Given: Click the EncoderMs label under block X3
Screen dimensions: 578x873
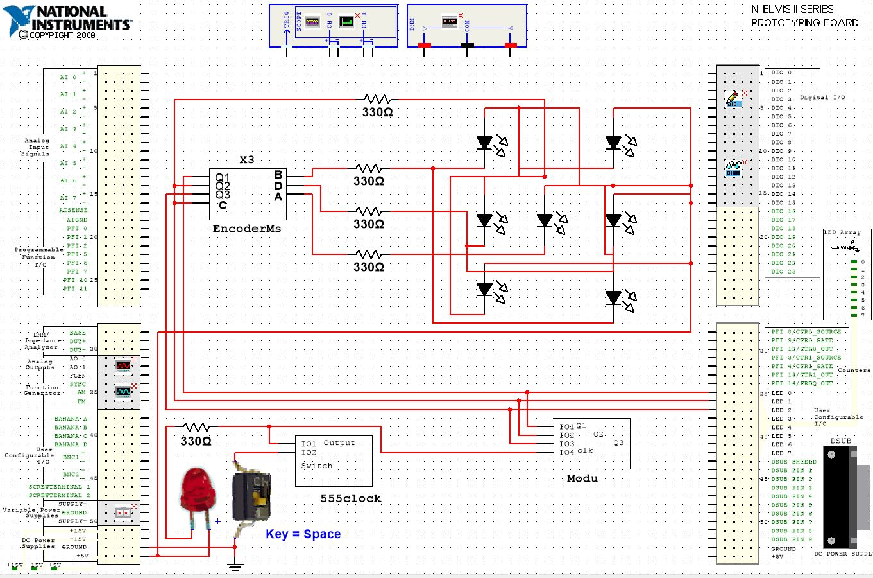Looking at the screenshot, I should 247,229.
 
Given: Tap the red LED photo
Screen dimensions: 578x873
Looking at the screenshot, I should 198,492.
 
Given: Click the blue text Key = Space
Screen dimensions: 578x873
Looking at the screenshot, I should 303,534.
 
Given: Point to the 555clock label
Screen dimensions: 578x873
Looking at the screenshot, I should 351,498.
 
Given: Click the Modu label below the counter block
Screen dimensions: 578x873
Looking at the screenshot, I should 582,478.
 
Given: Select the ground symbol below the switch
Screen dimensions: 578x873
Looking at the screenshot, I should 235,566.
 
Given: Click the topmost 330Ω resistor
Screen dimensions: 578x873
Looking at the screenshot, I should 377,100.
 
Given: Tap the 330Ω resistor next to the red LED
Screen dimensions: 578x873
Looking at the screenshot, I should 196,427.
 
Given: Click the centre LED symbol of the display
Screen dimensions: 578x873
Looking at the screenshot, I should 545,221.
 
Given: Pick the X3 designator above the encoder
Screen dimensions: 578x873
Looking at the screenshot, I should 247,160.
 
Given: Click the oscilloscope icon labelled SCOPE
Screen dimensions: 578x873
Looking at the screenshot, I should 312,22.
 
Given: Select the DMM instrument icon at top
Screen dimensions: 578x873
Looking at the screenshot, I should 450,22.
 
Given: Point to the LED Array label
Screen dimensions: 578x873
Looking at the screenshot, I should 842,232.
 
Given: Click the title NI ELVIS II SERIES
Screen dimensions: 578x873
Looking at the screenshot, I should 792,10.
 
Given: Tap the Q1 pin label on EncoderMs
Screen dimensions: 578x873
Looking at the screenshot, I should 222,177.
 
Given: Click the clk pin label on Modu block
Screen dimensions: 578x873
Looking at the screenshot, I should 585,451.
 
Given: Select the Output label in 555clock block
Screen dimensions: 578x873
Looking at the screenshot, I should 339,443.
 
